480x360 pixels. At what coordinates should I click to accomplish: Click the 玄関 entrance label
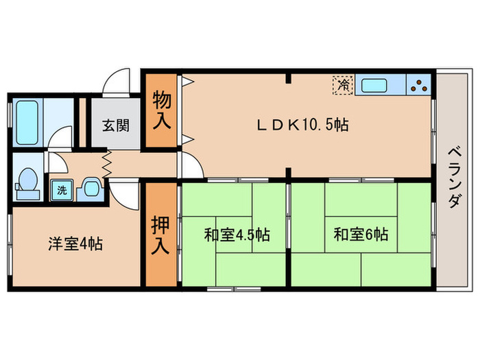[x=115, y=125]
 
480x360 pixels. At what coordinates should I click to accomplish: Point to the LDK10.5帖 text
[x=303, y=125]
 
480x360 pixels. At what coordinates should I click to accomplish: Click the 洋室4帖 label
[x=75, y=243]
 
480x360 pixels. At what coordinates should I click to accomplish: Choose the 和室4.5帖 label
[x=236, y=235]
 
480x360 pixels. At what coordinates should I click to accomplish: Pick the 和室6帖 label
[x=361, y=235]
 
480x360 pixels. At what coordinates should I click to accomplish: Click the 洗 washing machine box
[x=62, y=190]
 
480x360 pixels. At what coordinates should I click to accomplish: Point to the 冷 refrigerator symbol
[x=341, y=86]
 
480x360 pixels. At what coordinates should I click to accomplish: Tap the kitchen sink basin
[x=374, y=86]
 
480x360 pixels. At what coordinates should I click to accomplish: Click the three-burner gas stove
[x=420, y=86]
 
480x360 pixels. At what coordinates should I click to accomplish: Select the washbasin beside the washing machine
[x=89, y=189]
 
